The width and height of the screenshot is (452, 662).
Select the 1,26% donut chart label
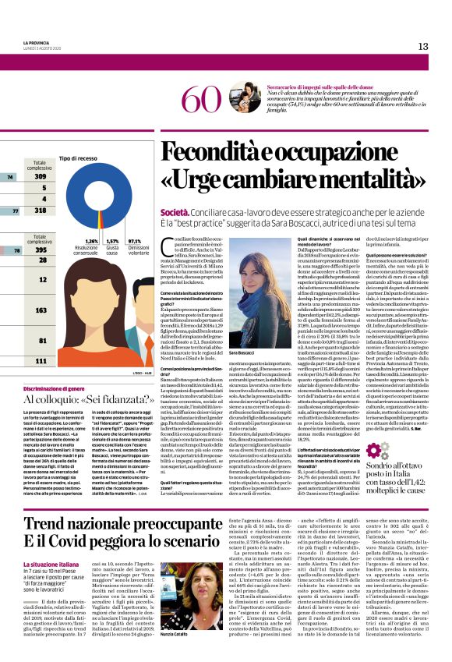[90, 242]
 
